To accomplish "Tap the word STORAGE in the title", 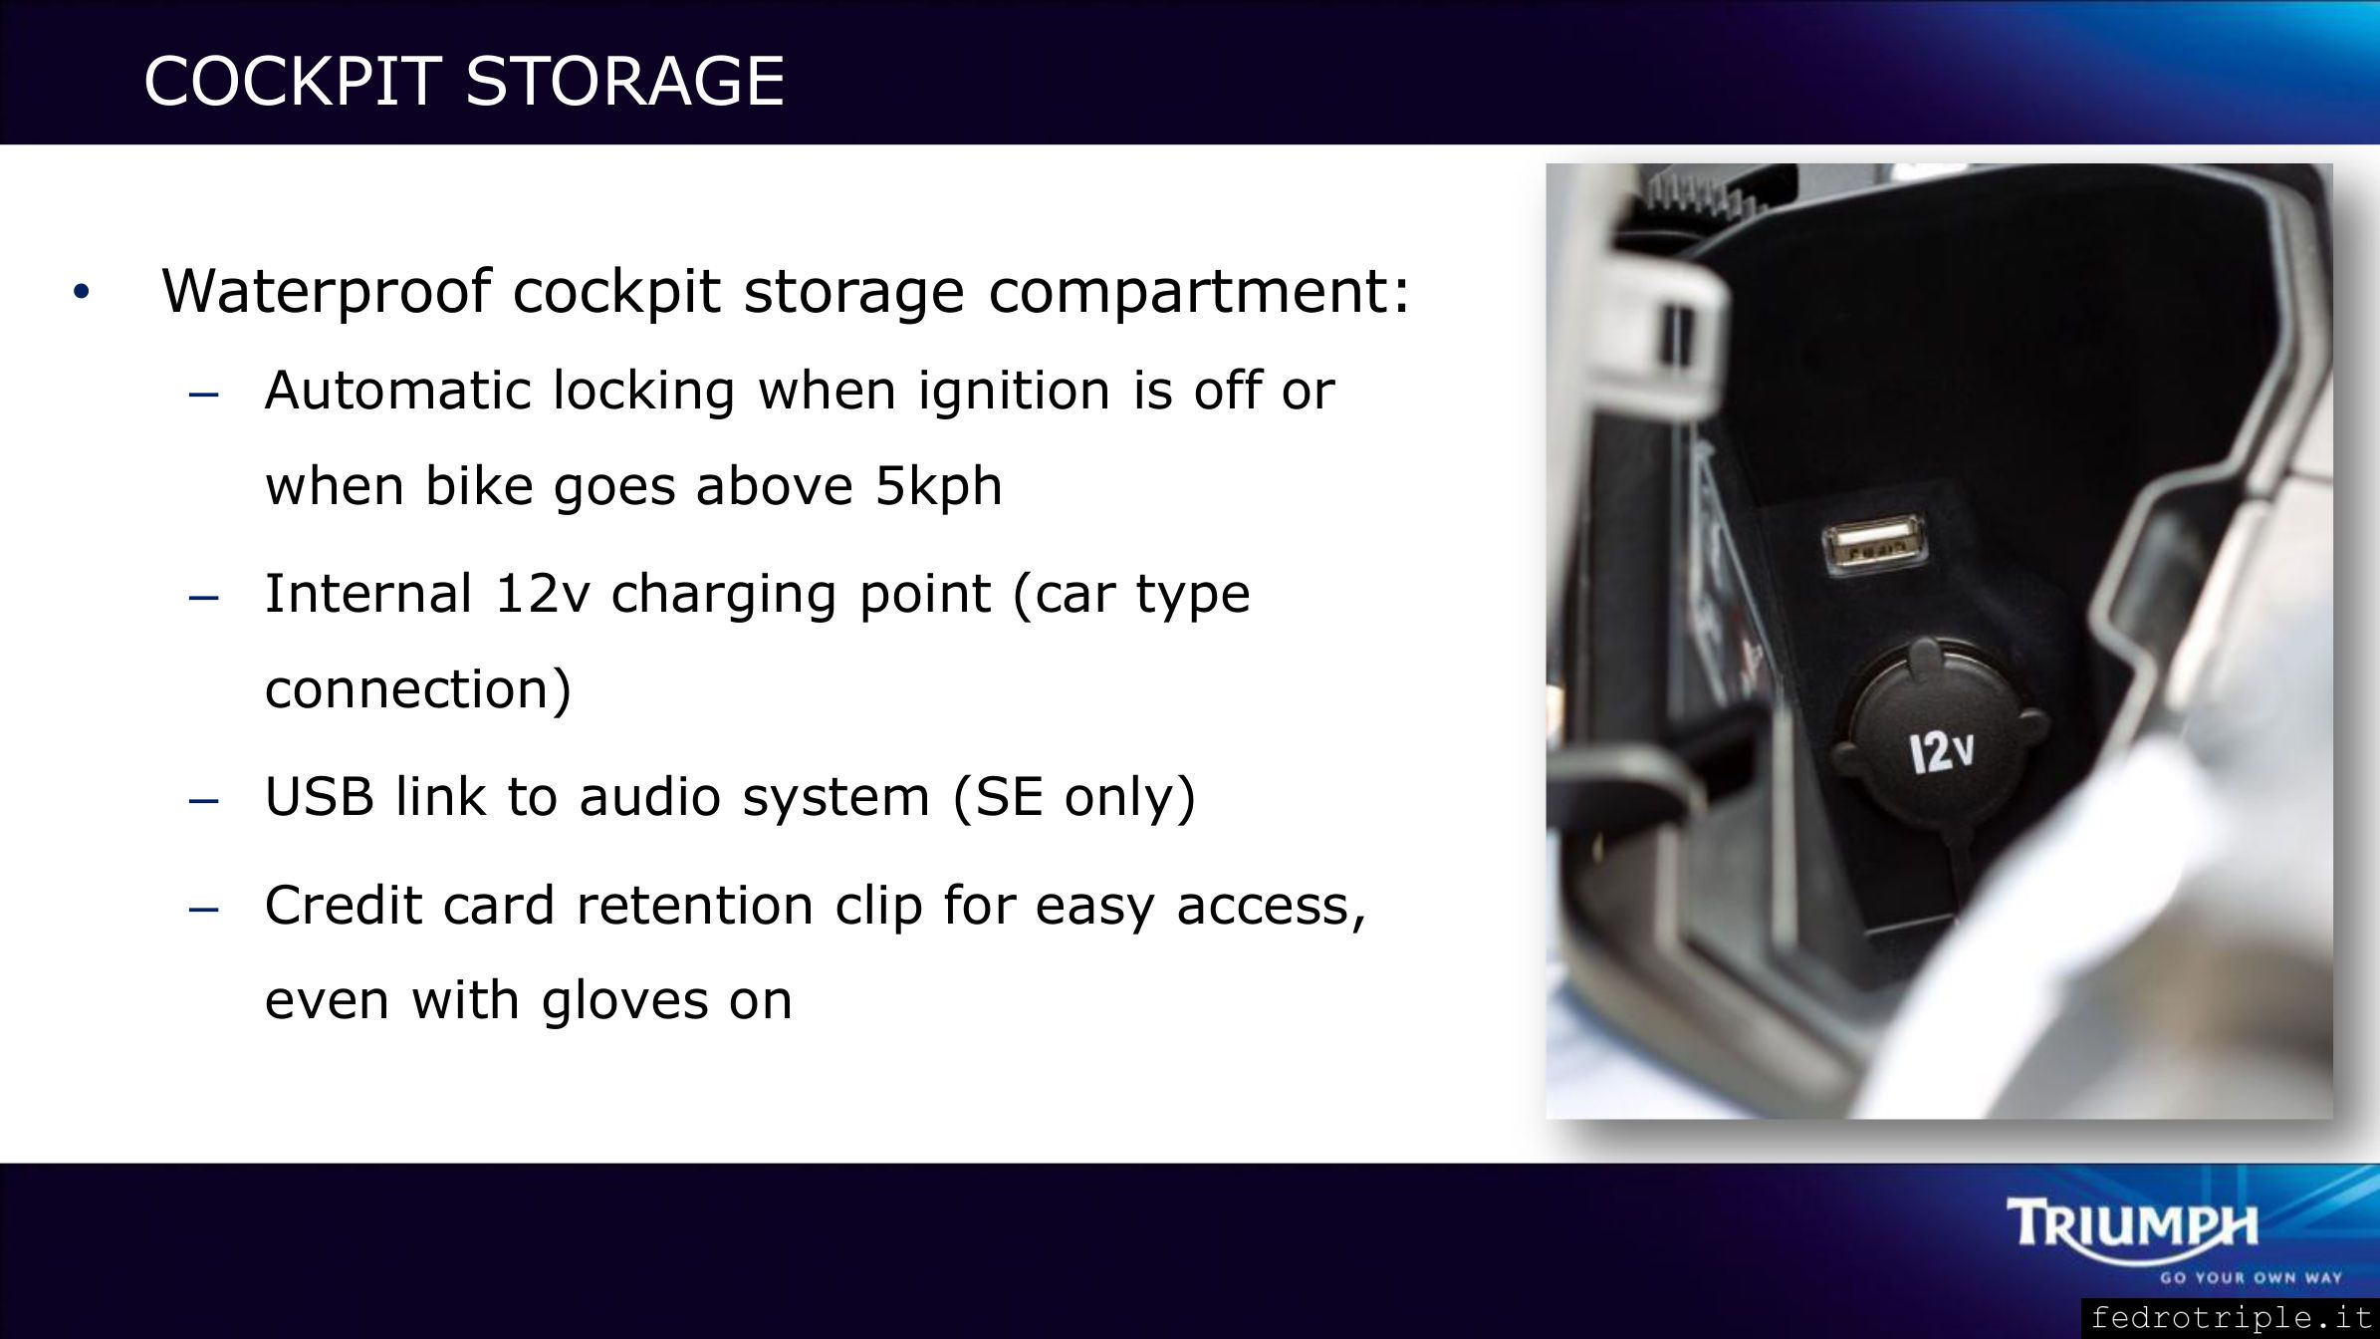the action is tap(625, 80).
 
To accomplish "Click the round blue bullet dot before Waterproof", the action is tap(82, 293).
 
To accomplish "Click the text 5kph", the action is tap(938, 487).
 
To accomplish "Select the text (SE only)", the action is tap(1074, 798).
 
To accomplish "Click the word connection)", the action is tap(418, 689).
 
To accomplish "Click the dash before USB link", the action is tap(203, 801).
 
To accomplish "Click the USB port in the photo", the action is tap(1872, 543).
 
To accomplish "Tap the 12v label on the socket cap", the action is tap(1941, 752).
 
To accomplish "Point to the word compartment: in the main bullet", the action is tap(1199, 292).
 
